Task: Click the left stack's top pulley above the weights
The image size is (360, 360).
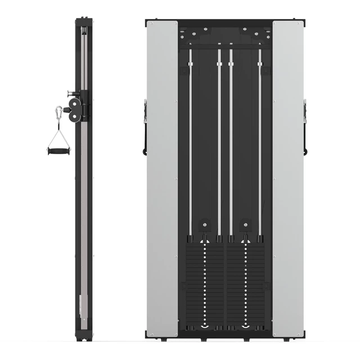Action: [205, 227]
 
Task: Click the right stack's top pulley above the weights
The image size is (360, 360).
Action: [245, 227]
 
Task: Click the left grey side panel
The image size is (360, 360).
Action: [163, 180]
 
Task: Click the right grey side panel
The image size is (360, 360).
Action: [287, 180]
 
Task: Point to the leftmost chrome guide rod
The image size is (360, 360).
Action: [190, 141]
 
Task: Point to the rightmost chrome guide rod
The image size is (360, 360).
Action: [260, 141]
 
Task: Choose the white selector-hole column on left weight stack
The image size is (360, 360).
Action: [205, 281]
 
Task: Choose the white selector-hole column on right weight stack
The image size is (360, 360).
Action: [245, 281]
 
